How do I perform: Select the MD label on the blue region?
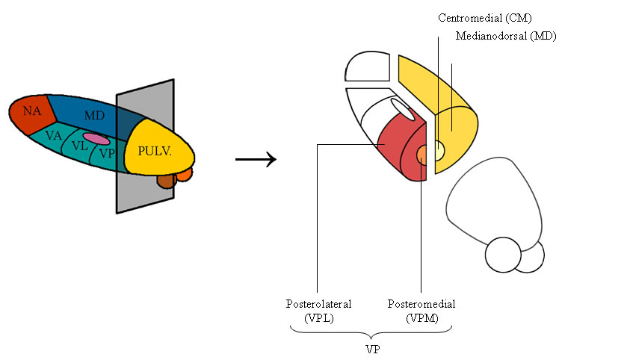[x=94, y=116]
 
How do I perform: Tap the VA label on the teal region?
[x=53, y=136]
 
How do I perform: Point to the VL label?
[x=79, y=146]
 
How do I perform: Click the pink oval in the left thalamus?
[x=96, y=139]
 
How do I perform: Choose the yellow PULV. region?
[x=158, y=148]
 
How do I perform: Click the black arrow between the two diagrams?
[x=256, y=159]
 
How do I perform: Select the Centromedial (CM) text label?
[x=485, y=18]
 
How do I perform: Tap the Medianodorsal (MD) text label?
[x=506, y=36]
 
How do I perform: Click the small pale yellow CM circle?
[x=438, y=150]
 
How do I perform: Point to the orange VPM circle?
[x=422, y=155]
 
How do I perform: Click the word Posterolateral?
[x=318, y=304]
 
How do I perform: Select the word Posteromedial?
[x=421, y=304]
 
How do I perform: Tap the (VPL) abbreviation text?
[x=318, y=318]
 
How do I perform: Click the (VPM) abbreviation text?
[x=422, y=318]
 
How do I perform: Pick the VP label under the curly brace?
[x=373, y=350]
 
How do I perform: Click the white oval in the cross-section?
[x=403, y=109]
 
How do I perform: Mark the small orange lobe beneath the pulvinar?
[x=185, y=174]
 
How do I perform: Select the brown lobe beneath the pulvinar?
[x=167, y=181]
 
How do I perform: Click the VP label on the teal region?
[x=107, y=153]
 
